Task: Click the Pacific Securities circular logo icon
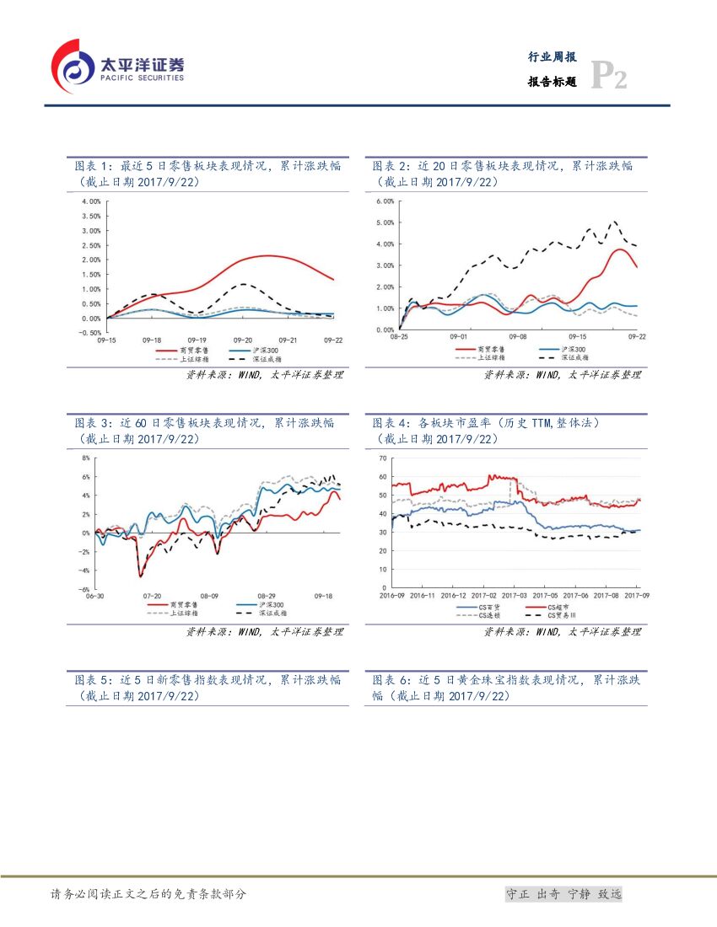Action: click(73, 66)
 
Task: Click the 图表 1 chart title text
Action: click(208, 174)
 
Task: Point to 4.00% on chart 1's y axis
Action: click(90, 201)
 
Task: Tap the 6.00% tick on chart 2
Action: click(384, 201)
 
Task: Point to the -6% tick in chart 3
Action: click(84, 590)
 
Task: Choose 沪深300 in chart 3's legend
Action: click(272, 604)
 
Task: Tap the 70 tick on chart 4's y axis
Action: click(383, 458)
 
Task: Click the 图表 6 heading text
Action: click(506, 687)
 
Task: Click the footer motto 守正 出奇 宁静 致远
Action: click(563, 894)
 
